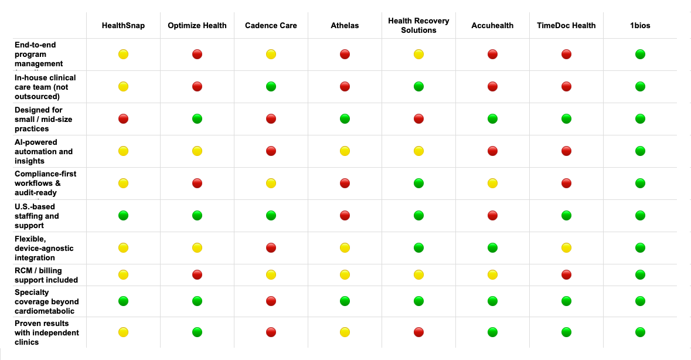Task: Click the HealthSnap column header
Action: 123,26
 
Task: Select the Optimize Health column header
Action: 197,26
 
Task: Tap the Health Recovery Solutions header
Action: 418,26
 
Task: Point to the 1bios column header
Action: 640,26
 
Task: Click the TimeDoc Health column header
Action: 566,26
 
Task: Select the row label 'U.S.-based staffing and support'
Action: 37,216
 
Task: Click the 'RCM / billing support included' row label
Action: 46,275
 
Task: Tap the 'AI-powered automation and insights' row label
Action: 44,151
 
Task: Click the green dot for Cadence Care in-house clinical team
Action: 271,87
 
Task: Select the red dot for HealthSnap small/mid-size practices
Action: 123,119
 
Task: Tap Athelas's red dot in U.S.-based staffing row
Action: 345,216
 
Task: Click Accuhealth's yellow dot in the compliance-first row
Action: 492,184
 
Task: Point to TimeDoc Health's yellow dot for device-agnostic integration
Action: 566,248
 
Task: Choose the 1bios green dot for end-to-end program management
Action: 640,55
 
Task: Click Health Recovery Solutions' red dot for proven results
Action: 418,332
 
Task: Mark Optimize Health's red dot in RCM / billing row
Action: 197,274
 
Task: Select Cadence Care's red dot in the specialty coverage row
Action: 271,301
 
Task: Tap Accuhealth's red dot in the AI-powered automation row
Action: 492,151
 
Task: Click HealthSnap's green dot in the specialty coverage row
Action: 123,301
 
